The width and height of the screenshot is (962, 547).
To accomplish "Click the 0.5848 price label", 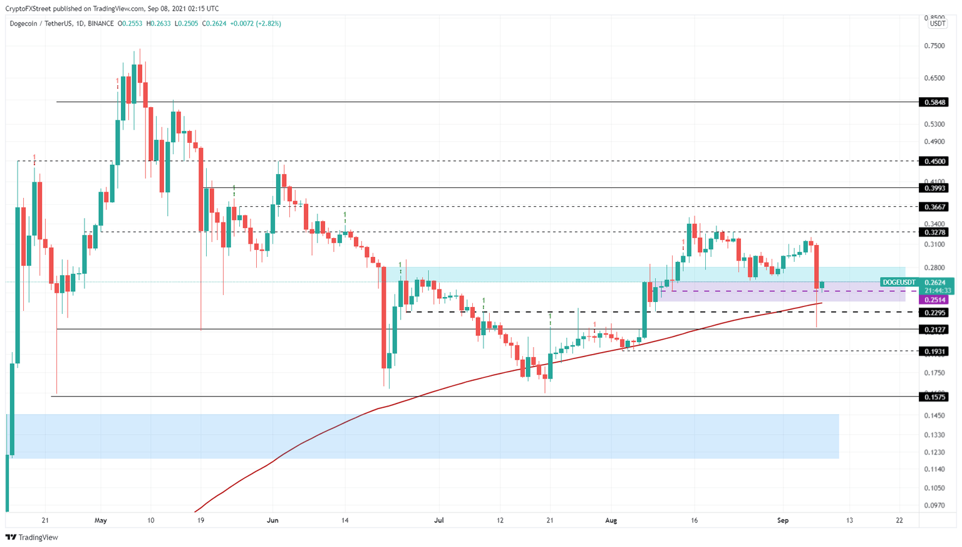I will coord(935,102).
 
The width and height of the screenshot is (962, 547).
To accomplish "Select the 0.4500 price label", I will coord(935,161).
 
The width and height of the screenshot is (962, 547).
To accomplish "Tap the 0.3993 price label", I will coord(935,188).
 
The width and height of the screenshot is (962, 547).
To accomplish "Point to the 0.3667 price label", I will coord(935,207).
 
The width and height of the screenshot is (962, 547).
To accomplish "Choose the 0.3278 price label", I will coord(935,232).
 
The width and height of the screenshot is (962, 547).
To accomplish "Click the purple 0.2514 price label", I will coord(935,300).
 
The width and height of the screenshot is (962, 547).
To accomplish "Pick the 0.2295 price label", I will coord(935,312).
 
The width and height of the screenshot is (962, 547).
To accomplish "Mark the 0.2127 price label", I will coord(935,330).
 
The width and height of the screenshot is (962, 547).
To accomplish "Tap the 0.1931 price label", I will coord(935,352).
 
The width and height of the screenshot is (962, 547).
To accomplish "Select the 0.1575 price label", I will coord(935,397).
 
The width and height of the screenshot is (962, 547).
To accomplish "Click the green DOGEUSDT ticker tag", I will coord(899,283).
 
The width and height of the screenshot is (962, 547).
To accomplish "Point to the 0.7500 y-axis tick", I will coord(934,46).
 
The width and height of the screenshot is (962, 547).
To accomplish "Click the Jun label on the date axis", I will coord(272,520).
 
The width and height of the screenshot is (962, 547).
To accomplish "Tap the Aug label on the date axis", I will coord(611,520).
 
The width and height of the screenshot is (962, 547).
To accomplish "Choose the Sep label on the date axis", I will coord(782,520).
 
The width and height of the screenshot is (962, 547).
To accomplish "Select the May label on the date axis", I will coord(101,520).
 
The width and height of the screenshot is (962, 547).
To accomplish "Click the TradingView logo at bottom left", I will coord(32,537).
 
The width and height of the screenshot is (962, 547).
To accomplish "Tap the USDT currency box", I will coord(937,24).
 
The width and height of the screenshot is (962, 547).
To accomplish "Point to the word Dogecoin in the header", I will coord(24,24).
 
